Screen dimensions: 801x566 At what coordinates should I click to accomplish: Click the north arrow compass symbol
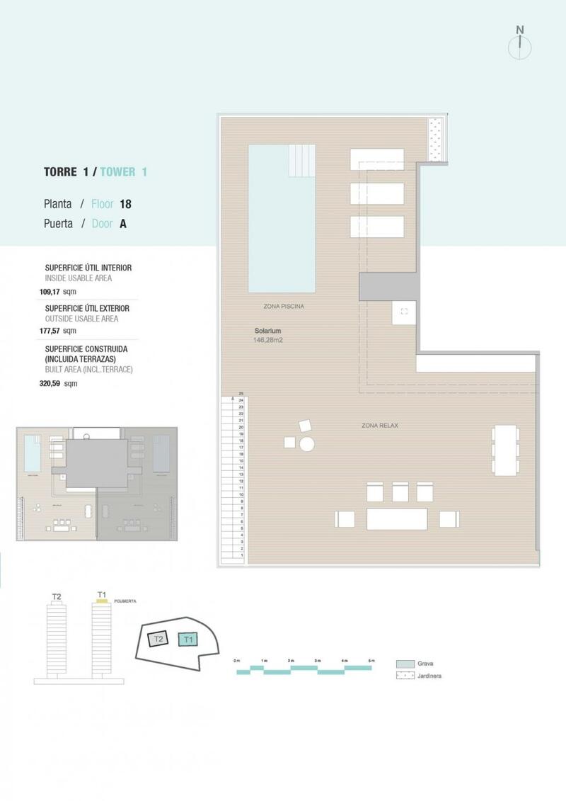point(520,44)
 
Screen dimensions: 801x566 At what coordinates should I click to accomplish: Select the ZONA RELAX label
point(380,425)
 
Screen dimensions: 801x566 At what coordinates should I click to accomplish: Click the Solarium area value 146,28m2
point(267,340)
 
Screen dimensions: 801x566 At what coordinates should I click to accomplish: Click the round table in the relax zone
point(307,443)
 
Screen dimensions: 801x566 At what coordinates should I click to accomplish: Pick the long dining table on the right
point(506,450)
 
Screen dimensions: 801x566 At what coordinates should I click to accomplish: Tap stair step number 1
point(242,555)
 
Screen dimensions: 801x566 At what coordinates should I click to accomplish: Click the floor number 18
point(125,204)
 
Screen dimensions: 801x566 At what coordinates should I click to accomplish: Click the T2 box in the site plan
point(159,639)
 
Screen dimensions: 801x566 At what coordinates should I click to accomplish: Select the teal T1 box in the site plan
point(188,640)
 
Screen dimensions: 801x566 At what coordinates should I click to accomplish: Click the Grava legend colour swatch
point(405,664)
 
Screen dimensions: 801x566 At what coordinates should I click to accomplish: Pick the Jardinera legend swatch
point(405,676)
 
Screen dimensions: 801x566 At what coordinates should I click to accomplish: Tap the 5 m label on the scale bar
point(371,660)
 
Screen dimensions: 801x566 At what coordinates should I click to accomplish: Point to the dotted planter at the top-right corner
point(434,139)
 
